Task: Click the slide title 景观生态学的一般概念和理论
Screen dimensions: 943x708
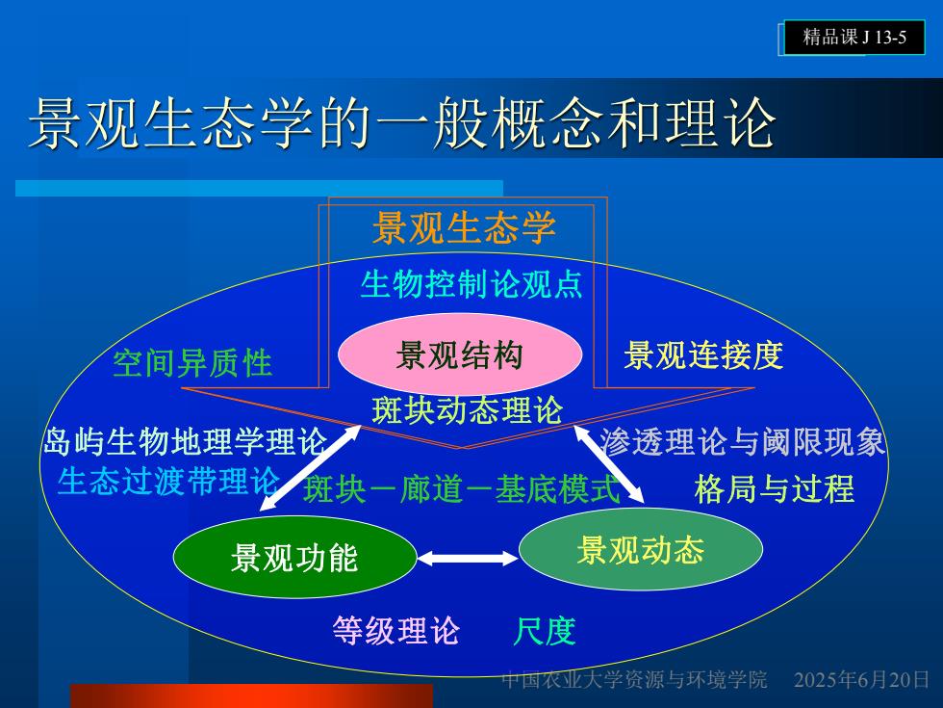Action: [x=402, y=123]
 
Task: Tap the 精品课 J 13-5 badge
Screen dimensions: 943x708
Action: [x=854, y=38]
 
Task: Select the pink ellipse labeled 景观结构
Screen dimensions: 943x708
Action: [x=460, y=354]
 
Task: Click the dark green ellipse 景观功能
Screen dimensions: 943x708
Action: [x=294, y=557]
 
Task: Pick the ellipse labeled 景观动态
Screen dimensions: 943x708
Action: [x=641, y=549]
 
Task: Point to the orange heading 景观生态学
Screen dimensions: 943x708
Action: [x=464, y=227]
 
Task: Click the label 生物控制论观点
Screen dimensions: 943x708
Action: [x=471, y=284]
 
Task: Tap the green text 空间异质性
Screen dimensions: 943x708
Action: [x=192, y=364]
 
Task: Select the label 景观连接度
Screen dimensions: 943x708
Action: [x=703, y=354]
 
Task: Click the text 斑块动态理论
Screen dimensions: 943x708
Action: [x=468, y=410]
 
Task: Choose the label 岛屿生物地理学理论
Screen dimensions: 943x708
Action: [x=185, y=441]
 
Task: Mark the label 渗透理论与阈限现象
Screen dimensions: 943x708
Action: [x=742, y=441]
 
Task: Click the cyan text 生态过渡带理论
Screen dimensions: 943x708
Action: [x=169, y=481]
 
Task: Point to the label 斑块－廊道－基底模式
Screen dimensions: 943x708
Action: [x=461, y=488]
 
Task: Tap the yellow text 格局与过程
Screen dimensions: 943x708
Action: [x=774, y=488]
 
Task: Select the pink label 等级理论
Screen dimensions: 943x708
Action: [x=395, y=630]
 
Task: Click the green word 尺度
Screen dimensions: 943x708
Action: [x=545, y=630]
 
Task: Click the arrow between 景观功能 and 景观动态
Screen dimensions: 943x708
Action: [x=468, y=559]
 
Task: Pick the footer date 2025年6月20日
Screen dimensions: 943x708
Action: [x=861, y=680]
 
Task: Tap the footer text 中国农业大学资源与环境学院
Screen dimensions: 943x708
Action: [x=634, y=680]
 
